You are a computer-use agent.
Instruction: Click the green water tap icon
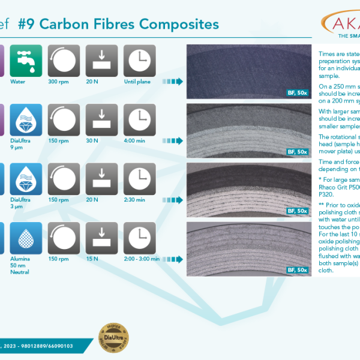(25, 60)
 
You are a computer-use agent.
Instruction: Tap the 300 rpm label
(63, 82)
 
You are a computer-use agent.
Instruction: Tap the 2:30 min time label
(139, 199)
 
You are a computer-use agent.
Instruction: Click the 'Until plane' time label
(139, 82)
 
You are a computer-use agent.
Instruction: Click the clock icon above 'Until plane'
(139, 60)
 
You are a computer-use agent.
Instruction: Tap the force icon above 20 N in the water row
(101, 60)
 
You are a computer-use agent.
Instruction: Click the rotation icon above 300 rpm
(63, 60)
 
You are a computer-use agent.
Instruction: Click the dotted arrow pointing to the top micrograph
(173, 82)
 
